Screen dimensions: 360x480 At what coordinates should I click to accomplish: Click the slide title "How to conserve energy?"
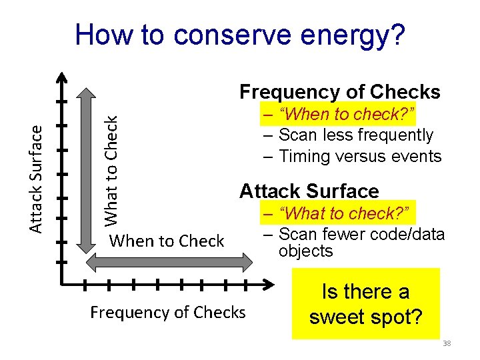(239, 35)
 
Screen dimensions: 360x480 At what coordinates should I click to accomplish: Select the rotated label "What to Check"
(112, 169)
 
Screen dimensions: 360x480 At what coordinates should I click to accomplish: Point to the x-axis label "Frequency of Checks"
(167, 312)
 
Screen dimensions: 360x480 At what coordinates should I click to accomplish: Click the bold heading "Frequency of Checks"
(340, 91)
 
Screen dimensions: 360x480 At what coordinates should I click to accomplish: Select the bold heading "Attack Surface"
(309, 191)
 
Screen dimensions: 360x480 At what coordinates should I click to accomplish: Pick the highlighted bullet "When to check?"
(339, 115)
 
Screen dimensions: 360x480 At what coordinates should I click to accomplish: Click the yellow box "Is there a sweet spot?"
(366, 303)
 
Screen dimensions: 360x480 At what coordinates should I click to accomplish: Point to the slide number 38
(447, 343)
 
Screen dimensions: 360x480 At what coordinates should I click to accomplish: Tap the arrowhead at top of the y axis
(61, 77)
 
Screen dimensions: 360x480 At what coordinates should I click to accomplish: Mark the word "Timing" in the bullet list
(302, 157)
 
